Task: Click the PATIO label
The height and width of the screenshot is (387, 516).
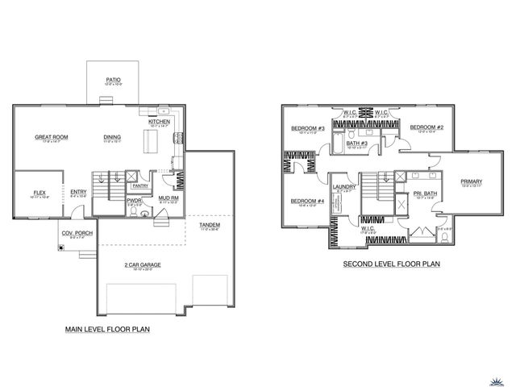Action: coord(113,79)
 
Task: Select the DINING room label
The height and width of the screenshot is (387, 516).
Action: coord(112,137)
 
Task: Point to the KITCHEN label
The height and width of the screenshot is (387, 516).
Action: coord(158,123)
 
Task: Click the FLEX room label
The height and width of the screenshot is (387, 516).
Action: coord(39,193)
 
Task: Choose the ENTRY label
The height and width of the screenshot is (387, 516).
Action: coord(77,191)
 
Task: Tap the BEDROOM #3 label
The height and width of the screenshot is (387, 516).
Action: coord(307,128)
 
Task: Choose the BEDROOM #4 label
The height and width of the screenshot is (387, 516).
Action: coord(307,201)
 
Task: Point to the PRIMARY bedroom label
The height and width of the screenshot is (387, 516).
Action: coord(471,181)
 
